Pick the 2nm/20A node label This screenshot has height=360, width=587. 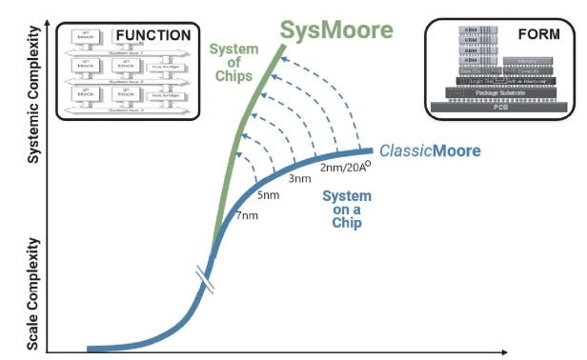(345, 169)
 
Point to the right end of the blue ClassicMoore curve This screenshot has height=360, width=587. (370, 150)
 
